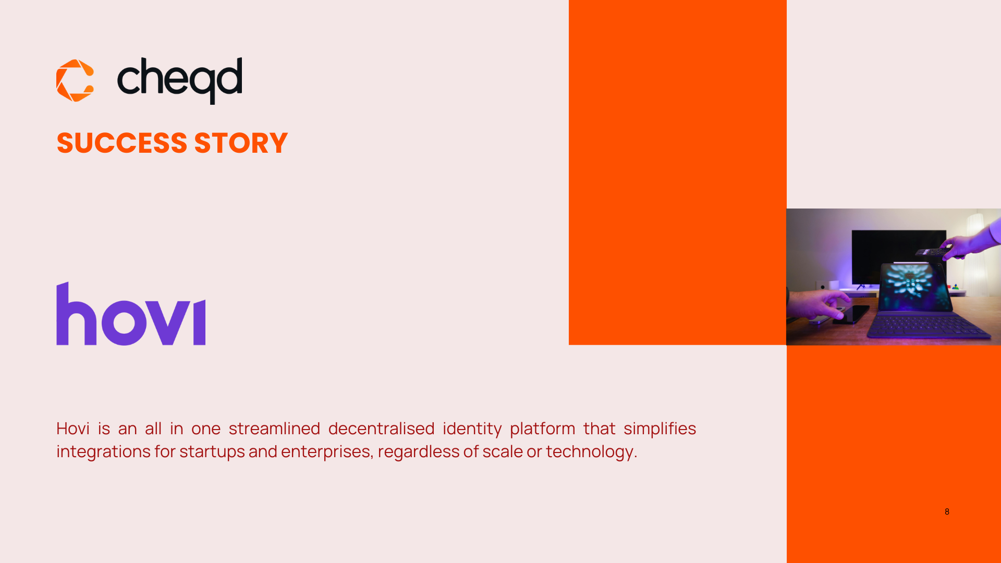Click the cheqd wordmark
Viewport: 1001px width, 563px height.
click(x=180, y=81)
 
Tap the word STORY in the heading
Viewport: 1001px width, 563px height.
click(x=241, y=143)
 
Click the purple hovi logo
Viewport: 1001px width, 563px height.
click(x=131, y=313)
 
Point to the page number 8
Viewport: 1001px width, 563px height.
click(x=947, y=511)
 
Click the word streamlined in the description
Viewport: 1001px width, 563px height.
click(x=274, y=428)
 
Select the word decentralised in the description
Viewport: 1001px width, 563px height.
click(x=381, y=428)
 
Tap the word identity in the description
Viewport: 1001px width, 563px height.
click(x=472, y=429)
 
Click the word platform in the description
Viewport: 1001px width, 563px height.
click(x=542, y=429)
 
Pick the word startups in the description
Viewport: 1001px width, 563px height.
click(x=212, y=451)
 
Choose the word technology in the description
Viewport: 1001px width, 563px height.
click(x=590, y=451)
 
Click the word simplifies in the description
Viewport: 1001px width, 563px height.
click(x=660, y=429)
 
